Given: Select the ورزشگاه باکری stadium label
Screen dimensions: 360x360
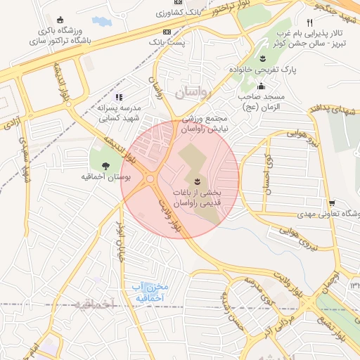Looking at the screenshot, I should click(x=53, y=32).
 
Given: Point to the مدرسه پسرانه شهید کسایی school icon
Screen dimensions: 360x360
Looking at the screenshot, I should click(x=119, y=97).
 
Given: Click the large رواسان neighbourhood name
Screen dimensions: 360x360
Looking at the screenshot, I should click(x=189, y=93).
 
